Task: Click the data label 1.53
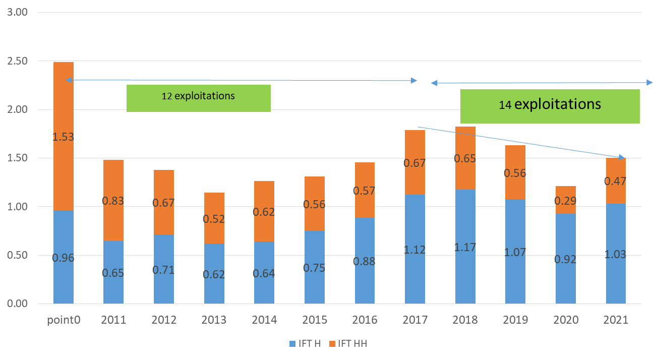click(x=64, y=137)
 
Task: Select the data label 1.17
click(x=465, y=248)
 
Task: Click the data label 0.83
click(x=113, y=201)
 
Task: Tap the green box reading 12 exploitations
click(x=198, y=98)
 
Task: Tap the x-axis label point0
click(x=64, y=320)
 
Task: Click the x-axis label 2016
click(x=365, y=320)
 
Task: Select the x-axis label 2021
click(x=616, y=320)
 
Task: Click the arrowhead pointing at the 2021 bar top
click(x=622, y=157)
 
